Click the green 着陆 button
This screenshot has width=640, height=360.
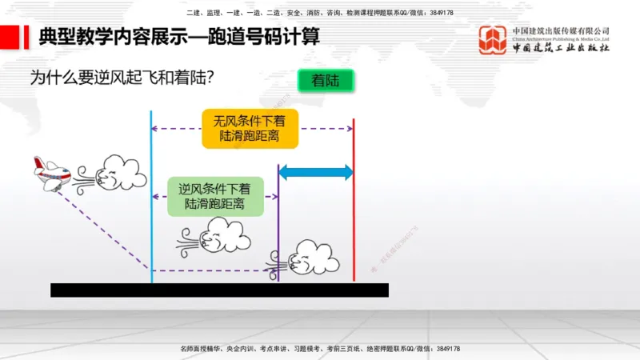coord(325,81)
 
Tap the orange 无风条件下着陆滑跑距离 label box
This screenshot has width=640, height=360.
coord(250,128)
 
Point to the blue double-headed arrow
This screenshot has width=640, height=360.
coord(315,172)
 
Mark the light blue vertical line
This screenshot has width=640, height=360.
coord(151,200)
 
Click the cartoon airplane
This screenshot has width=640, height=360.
coord(51,172)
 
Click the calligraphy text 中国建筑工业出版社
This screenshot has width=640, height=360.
coord(561,48)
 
